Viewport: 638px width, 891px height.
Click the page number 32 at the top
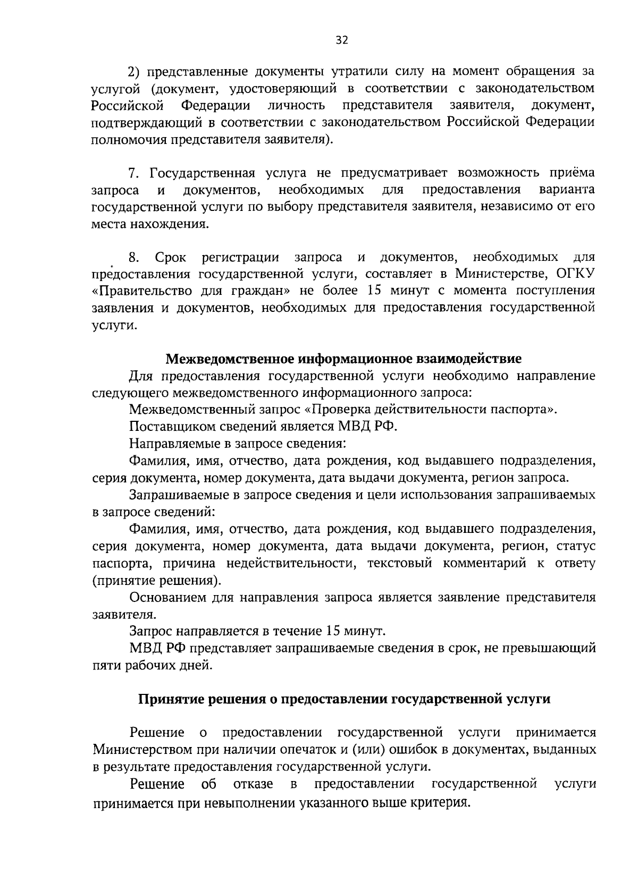[x=342, y=40]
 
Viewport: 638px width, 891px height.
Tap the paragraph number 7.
[x=133, y=173]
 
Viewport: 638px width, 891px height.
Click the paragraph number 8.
[x=134, y=258]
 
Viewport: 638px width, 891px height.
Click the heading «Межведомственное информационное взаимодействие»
[x=343, y=359]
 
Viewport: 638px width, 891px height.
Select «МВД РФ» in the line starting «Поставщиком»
[x=367, y=427]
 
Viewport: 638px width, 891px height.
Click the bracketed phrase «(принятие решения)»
[x=156, y=580]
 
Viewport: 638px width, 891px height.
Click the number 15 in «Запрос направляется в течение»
[x=333, y=631]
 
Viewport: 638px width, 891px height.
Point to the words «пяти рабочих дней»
[x=152, y=665]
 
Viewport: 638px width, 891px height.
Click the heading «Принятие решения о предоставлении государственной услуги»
[x=344, y=699]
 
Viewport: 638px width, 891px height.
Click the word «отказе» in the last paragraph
[x=253, y=784]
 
